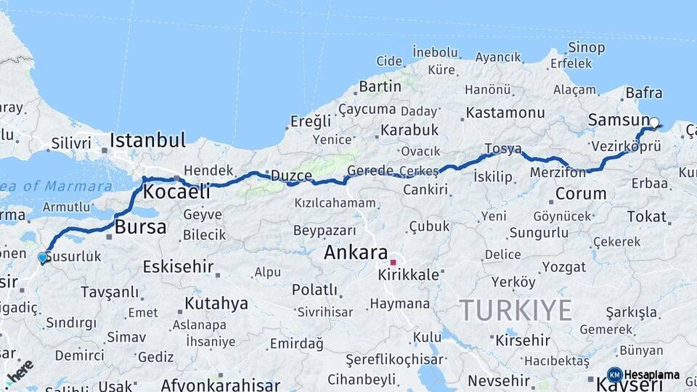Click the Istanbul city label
(x=148, y=139)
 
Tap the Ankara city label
(x=355, y=253)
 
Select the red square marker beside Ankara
(x=393, y=262)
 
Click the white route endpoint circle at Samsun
(x=654, y=123)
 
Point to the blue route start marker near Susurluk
(x=42, y=257)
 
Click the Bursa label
(x=140, y=226)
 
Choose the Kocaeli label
(x=176, y=192)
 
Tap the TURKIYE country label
(x=515, y=310)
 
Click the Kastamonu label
(x=505, y=113)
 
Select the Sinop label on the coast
(x=586, y=48)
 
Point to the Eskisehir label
(x=177, y=266)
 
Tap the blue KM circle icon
(x=614, y=375)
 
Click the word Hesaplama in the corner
(x=651, y=375)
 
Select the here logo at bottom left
(x=20, y=370)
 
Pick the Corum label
(x=580, y=194)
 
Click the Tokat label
(x=646, y=216)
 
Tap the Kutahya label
(x=216, y=303)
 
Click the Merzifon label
(x=558, y=173)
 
